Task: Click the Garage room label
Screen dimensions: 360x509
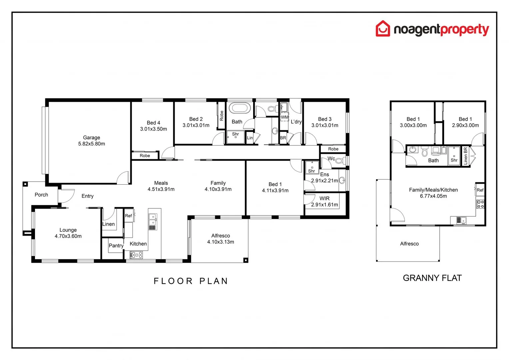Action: point(92,137)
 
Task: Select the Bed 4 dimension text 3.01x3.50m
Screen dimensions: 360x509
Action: point(154,129)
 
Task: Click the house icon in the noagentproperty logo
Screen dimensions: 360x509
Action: point(383,29)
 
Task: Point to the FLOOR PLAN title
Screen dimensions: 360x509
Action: point(191,281)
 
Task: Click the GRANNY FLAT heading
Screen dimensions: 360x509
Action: point(432,278)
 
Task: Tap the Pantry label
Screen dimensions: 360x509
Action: point(116,246)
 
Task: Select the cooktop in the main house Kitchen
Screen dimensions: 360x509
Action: point(136,255)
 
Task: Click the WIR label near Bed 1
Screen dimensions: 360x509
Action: point(324,198)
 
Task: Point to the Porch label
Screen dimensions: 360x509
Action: point(41,195)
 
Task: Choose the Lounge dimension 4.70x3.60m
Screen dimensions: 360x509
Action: point(68,236)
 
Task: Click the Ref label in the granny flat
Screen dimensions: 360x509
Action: point(480,190)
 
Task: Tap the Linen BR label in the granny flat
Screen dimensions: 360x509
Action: point(465,156)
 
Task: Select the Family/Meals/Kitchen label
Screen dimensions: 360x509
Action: point(433,190)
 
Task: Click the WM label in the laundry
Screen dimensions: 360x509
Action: point(284,117)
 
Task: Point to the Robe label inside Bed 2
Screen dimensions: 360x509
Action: point(222,116)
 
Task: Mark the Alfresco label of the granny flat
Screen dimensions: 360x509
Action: point(409,244)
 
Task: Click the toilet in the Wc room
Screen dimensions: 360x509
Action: point(339,161)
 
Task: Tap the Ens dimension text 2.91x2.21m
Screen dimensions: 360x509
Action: point(324,180)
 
